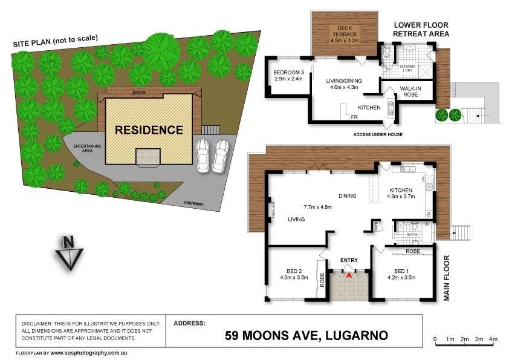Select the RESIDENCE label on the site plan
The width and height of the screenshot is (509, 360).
149,129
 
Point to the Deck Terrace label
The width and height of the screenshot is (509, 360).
344,37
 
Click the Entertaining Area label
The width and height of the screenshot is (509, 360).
88,149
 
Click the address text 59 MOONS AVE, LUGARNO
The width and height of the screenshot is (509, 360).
306,335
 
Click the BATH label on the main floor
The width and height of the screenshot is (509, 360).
412,234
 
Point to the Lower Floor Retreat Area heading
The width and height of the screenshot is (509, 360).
421,30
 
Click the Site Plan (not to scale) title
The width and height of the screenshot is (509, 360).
56,41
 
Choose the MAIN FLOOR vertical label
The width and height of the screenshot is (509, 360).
447,277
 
